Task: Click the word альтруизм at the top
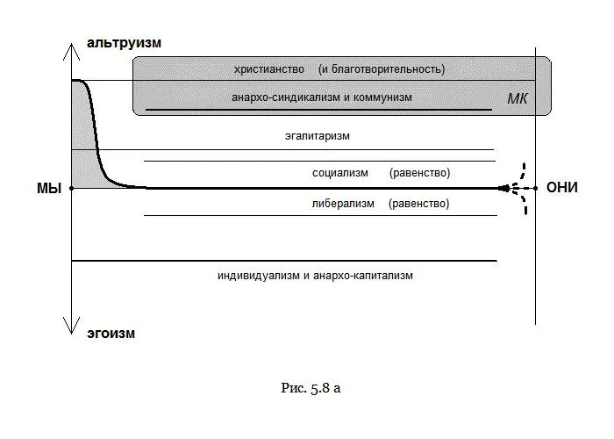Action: [124, 43]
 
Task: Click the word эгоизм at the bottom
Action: [111, 334]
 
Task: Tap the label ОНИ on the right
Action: [561, 188]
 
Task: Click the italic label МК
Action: [518, 98]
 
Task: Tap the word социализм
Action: [340, 173]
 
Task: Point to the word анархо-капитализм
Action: [363, 275]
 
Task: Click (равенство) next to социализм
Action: [419, 173]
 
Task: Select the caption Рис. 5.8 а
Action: [310, 387]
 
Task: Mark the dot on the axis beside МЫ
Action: [71, 188]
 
